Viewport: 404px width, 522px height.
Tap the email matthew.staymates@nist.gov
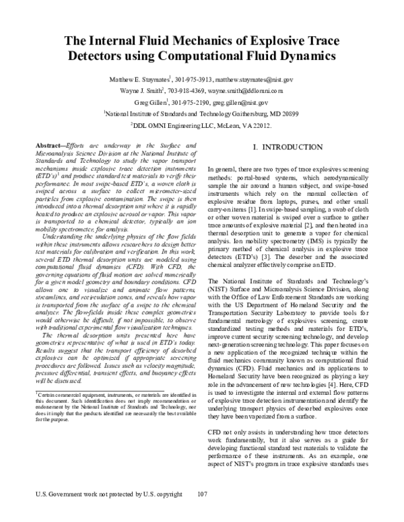(x=249, y=80)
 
